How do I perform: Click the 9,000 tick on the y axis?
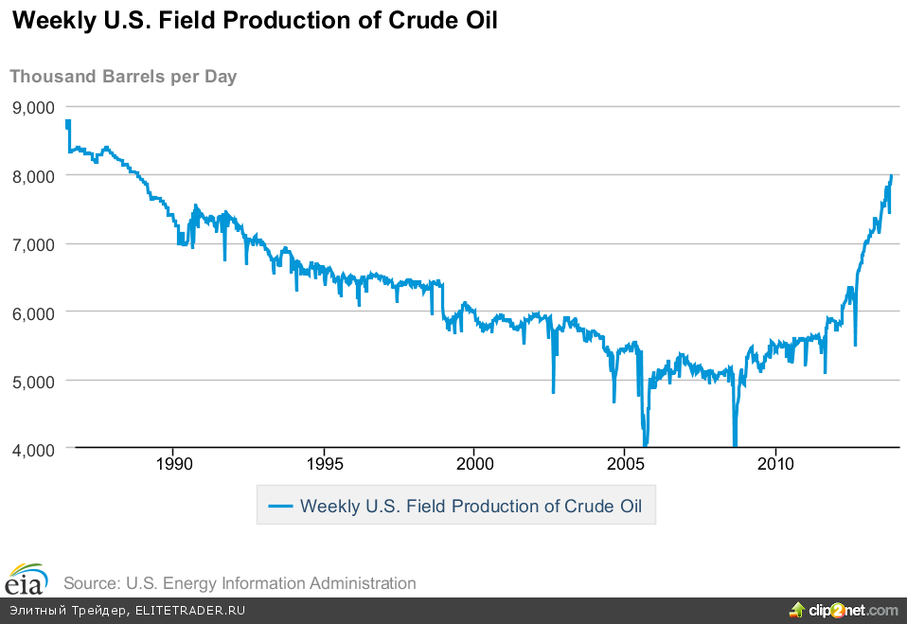(x=33, y=107)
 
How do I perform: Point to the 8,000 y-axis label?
(x=33, y=175)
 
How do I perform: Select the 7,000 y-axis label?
(x=33, y=243)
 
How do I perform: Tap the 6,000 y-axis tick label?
(x=33, y=312)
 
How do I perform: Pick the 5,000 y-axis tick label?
(x=33, y=380)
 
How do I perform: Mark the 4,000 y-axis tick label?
(x=33, y=448)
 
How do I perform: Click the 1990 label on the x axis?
(x=173, y=464)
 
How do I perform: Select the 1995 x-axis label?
(x=324, y=464)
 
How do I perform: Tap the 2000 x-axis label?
(x=474, y=464)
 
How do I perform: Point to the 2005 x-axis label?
(x=625, y=464)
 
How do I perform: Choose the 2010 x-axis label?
(x=775, y=464)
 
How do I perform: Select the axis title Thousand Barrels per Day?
(x=123, y=77)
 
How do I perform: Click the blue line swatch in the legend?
(x=280, y=506)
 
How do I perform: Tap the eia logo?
(x=28, y=578)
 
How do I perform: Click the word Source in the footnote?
(x=90, y=583)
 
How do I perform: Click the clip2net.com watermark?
(x=845, y=610)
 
